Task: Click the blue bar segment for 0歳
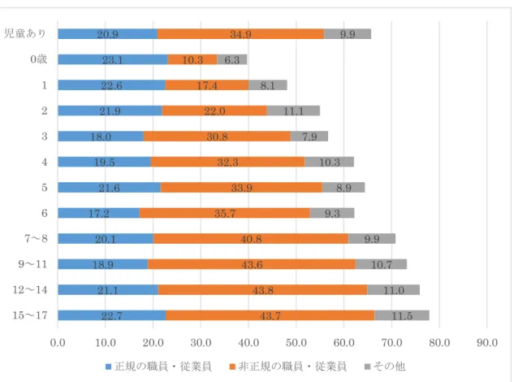(x=113, y=59)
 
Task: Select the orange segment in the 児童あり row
(x=240, y=34)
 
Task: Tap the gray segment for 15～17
(x=402, y=315)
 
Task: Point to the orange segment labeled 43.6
(x=252, y=264)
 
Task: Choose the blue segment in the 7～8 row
(x=106, y=239)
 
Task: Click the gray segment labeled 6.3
(x=232, y=59)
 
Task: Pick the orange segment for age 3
(x=217, y=137)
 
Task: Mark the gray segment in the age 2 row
(x=293, y=111)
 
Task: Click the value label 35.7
(x=225, y=214)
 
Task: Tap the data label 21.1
(x=108, y=290)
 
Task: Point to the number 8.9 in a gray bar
(x=343, y=188)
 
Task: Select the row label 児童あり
(x=25, y=33)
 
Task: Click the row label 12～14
(x=30, y=290)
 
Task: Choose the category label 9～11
(x=32, y=264)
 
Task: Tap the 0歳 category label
(x=39, y=59)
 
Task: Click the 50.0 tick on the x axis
(x=296, y=343)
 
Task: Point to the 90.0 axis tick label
(x=487, y=343)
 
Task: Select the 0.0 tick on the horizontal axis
(x=58, y=343)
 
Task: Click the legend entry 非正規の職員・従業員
(x=288, y=367)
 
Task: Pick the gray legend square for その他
(x=368, y=367)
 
